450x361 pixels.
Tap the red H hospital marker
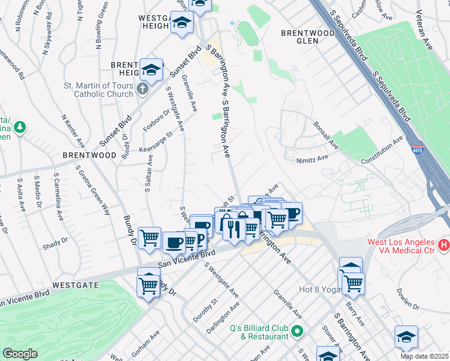point(444,245)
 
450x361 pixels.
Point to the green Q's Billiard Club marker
point(297,331)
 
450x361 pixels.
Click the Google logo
point(20,354)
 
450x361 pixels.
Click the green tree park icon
point(20,127)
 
